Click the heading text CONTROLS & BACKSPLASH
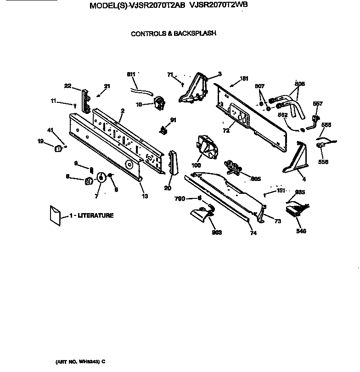[x=174, y=34]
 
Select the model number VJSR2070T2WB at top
[x=215, y=6]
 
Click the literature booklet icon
[x=55, y=215]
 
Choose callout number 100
[x=196, y=165]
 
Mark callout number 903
[x=217, y=232]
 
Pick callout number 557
[x=318, y=104]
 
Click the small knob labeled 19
[x=58, y=148]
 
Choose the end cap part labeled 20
[x=173, y=163]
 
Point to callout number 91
[x=173, y=120]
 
